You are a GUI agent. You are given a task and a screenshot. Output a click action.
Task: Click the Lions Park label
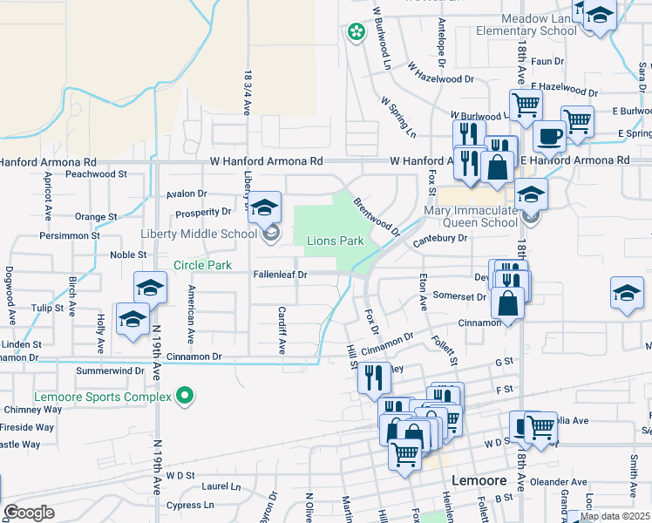(x=334, y=241)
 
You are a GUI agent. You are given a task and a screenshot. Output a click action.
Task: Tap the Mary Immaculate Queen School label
(x=471, y=216)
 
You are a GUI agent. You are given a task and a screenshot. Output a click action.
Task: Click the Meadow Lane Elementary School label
(x=526, y=24)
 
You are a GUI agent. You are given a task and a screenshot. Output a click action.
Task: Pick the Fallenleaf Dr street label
(x=281, y=275)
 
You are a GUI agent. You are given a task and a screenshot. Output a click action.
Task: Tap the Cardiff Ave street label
(x=282, y=329)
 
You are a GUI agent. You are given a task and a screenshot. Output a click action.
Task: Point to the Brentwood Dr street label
(x=377, y=217)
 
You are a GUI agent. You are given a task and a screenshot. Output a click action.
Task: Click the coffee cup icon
(x=549, y=136)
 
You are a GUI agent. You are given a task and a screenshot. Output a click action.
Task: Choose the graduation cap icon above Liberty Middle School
(x=265, y=207)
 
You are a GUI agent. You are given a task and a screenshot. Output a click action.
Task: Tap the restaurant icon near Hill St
(x=374, y=377)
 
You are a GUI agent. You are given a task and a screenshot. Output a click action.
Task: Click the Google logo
(x=30, y=513)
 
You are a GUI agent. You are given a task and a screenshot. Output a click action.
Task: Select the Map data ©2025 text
(x=615, y=516)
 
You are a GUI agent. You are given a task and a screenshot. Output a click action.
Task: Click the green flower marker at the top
(x=356, y=33)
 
